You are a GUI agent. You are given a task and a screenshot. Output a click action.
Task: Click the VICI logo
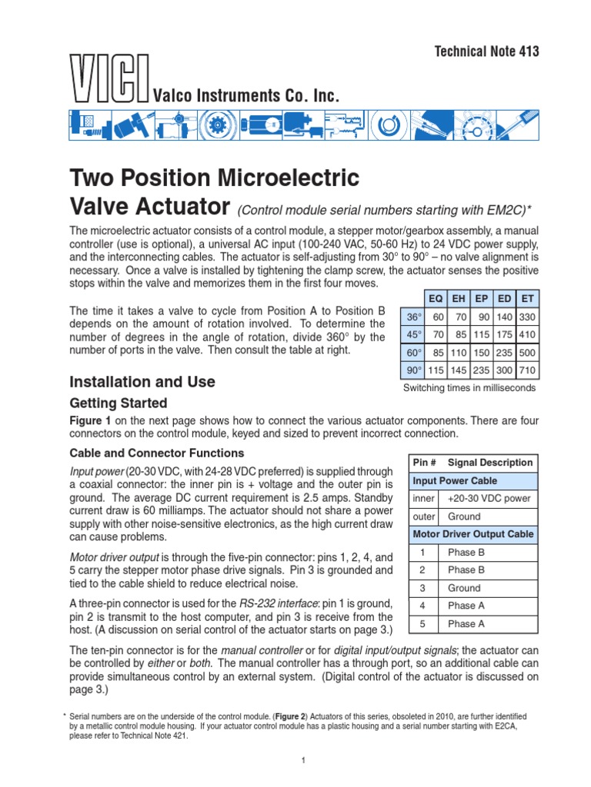108,78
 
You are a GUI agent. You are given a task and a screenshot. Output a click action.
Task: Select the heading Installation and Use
142,382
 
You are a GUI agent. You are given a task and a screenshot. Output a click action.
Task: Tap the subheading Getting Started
118,403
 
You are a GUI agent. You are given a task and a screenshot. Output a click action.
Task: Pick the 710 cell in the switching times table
528,370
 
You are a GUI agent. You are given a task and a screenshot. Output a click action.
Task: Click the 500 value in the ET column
528,353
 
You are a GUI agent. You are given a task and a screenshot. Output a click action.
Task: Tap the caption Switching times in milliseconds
469,388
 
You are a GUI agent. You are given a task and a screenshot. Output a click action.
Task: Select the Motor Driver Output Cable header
473,534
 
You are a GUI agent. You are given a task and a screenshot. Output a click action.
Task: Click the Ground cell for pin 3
464,588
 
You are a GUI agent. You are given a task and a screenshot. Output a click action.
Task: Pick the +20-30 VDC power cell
489,499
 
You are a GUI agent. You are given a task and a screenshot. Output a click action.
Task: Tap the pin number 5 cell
422,624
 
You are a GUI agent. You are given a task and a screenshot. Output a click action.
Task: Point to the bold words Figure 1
91,420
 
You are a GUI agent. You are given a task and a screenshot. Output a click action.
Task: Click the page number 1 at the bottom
305,761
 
